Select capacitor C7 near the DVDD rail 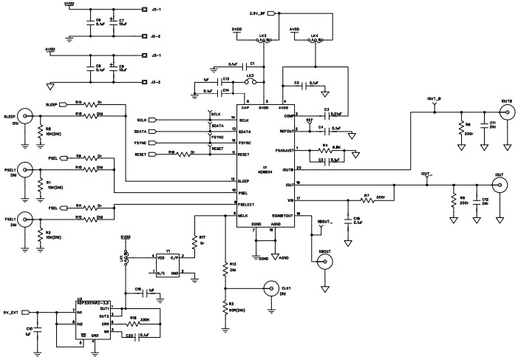point(111,23)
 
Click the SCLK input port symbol point(160,119)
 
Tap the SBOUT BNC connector point(323,270)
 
